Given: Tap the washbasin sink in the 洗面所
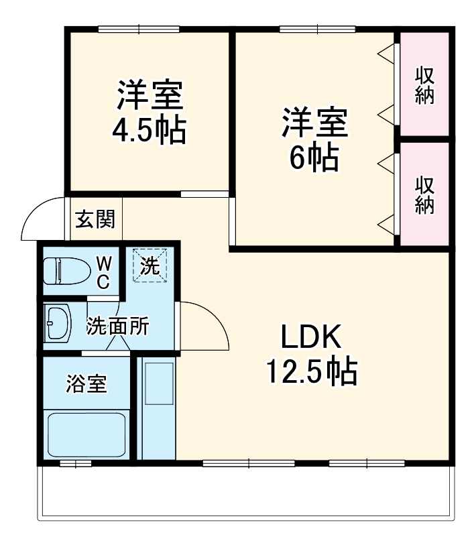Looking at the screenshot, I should point(58,323).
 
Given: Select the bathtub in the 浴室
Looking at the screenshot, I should point(87,434).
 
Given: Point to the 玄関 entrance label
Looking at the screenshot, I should point(95,219).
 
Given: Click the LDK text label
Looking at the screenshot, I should point(311,337).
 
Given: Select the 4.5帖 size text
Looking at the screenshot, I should point(148,130).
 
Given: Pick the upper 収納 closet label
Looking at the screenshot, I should point(424,85).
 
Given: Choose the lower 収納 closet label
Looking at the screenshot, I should point(424,194).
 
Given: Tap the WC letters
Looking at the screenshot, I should point(103,272).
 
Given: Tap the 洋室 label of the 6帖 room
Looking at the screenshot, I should point(313,123).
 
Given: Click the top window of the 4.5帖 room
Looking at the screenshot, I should point(139,29).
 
